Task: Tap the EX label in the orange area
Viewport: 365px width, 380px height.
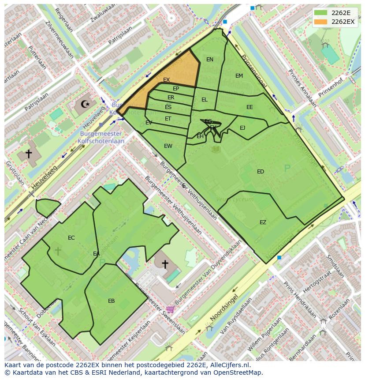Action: tap(166, 80)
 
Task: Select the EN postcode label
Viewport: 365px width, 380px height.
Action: tap(210, 60)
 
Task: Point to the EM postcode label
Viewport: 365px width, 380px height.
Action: tap(239, 76)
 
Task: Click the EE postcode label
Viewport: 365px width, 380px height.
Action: tap(250, 107)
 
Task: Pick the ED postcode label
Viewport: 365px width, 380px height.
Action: tap(261, 172)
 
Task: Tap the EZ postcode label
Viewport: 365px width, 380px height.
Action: tap(263, 222)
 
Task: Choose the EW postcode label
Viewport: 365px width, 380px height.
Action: tap(168, 146)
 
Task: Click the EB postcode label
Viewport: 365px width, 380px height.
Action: tap(111, 301)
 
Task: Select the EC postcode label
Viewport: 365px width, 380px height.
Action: tap(71, 238)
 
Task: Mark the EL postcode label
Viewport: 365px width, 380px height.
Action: tap(204, 100)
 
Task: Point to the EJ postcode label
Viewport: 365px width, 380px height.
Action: tap(242, 128)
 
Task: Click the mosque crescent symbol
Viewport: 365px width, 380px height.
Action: tap(85, 105)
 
